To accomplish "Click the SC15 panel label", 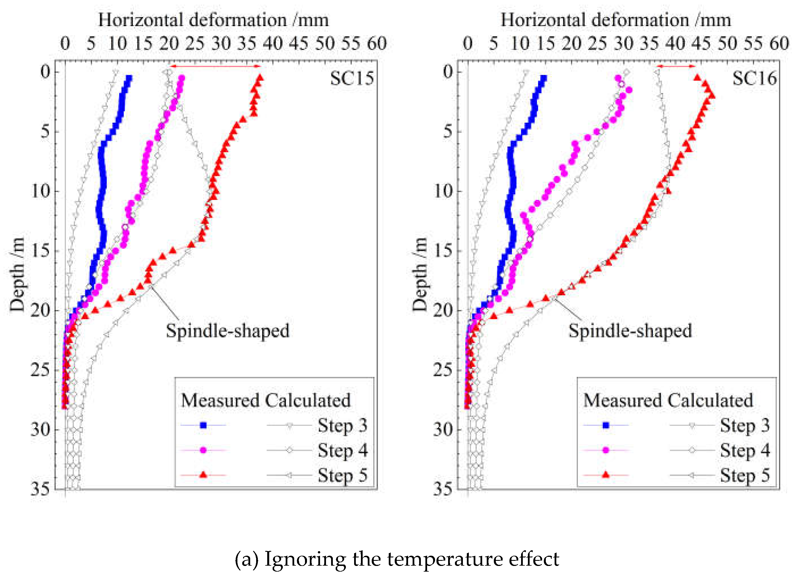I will pos(352,78).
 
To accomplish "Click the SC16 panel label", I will pos(754,78).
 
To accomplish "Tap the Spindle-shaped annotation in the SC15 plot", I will pos(227,330).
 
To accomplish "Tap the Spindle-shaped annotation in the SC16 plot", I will pos(630,330).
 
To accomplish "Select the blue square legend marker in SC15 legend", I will pos(203,425).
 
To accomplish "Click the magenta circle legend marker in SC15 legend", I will pos(203,450).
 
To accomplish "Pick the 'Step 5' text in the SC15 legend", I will pos(342,475).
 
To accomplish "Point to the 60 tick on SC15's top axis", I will pos(377,44).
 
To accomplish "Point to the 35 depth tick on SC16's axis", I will pos(443,489).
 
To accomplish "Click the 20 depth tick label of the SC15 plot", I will pos(41,310).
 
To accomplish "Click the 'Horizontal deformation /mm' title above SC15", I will pos(214,20).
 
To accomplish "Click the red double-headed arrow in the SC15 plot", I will pos(215,66).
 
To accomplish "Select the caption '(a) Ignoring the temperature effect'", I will pos(396,559).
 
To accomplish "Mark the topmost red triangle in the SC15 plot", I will pos(260,77).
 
